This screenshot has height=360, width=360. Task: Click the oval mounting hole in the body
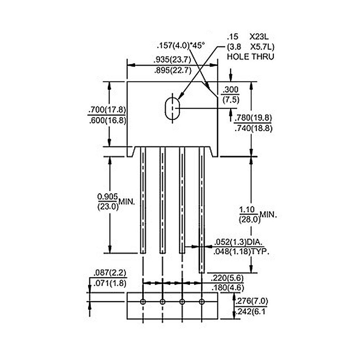172,109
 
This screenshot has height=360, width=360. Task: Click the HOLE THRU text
251,57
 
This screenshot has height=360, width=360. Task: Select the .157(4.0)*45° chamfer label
180,45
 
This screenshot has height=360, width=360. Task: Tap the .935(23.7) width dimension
172,60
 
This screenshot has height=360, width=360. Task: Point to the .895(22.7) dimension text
173,71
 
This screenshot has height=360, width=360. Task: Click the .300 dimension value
231,90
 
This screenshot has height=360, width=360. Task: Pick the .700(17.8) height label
107,109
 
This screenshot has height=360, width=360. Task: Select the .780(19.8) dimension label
253,118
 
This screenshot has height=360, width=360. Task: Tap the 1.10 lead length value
247,210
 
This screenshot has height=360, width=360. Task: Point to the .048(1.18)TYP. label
241,252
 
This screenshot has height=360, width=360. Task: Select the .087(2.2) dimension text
110,273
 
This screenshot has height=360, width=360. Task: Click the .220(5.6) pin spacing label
227,278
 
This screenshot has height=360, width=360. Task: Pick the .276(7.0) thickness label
252,301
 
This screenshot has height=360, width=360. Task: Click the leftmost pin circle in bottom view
143,302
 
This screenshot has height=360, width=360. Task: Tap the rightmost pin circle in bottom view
202,302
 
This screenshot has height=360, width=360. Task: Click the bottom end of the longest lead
202,273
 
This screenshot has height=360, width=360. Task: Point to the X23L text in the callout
259,37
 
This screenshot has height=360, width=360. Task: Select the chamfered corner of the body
210,90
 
